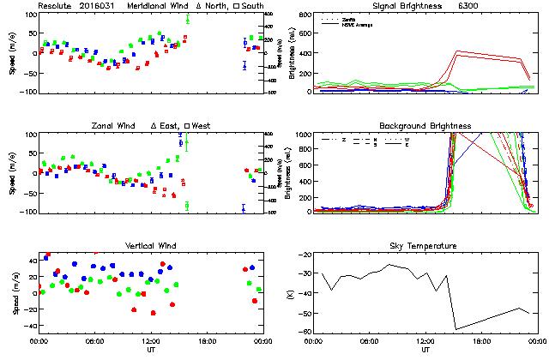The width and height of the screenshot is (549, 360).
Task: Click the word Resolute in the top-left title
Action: coord(55,6)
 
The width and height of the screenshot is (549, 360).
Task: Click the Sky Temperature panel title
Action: coord(425,246)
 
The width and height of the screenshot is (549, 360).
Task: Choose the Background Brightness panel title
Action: coord(425,126)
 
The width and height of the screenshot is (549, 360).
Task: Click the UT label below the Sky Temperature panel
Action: coord(425,350)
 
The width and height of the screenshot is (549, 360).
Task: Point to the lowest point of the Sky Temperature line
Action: coord(455,329)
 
